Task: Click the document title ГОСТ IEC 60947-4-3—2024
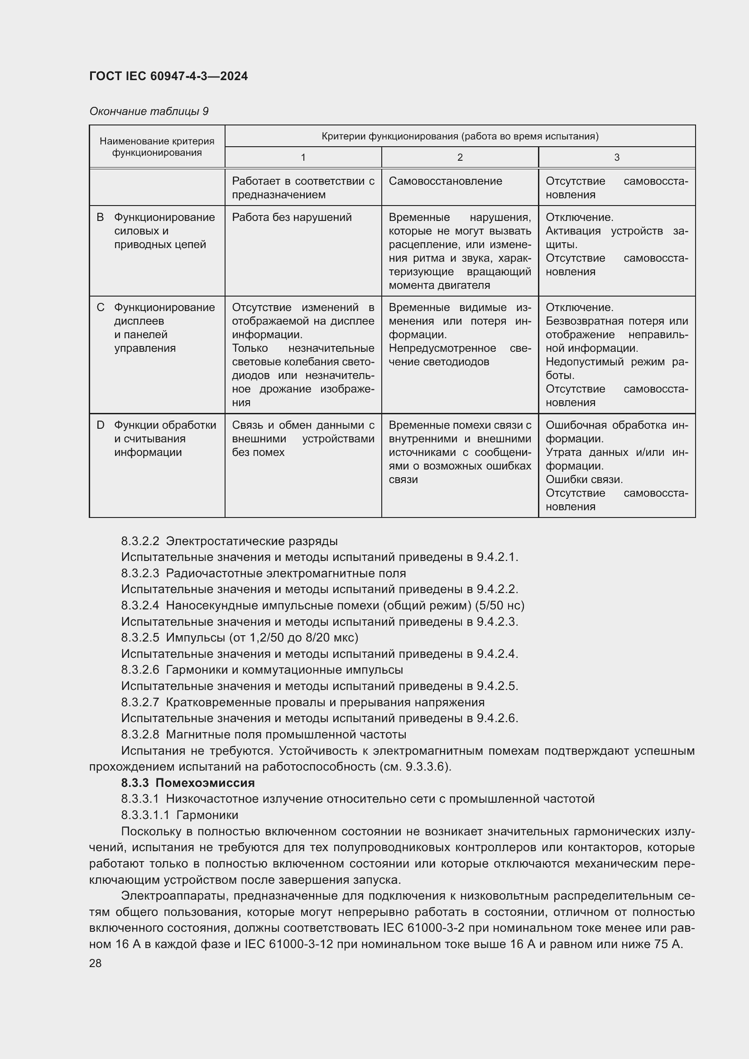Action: tap(168, 76)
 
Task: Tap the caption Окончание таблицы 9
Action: tap(149, 111)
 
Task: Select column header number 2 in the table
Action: tap(459, 157)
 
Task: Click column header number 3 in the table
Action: tap(617, 157)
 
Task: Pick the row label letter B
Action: tap(100, 217)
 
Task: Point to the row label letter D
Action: tap(100, 425)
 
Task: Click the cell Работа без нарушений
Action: tap(292, 217)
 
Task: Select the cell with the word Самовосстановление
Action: tap(445, 181)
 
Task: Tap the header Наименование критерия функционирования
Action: tap(157, 147)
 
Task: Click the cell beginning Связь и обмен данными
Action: tap(303, 438)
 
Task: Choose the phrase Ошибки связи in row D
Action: tap(584, 479)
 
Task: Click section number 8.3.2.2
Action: tap(140, 541)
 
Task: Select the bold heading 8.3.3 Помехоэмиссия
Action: tap(188, 783)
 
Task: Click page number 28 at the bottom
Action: tap(95, 963)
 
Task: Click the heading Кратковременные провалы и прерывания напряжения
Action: tap(325, 702)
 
